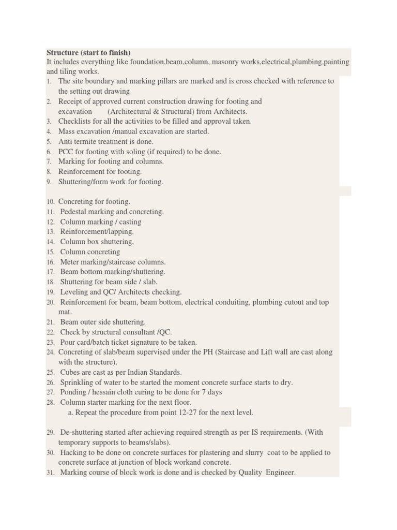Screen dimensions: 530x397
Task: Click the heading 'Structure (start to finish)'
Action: point(88,53)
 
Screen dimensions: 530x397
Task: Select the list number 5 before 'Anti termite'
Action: point(49,141)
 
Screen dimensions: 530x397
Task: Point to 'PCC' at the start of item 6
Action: point(66,152)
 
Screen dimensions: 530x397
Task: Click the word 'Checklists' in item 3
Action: point(75,121)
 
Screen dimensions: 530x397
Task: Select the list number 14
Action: point(50,242)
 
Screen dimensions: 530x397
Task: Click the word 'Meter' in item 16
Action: point(70,262)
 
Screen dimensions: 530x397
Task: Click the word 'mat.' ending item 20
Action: point(65,312)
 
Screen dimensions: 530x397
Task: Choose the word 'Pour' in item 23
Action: point(68,342)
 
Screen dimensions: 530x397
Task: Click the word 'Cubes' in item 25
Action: point(70,372)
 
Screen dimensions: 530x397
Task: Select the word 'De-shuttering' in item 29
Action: point(83,432)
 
